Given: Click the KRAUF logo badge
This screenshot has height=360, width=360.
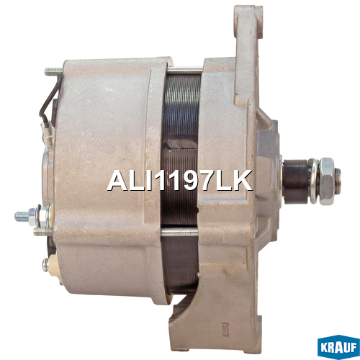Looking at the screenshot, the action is pyautogui.click(x=338, y=347).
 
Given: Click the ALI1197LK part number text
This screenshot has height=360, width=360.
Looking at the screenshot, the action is pyautogui.click(x=180, y=181).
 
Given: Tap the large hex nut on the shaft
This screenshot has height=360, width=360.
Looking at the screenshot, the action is pyautogui.click(x=327, y=181).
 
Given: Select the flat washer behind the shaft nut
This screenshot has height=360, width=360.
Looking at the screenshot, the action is pyautogui.click(x=314, y=181).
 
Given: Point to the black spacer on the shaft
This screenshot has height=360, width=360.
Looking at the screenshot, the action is pyautogui.click(x=296, y=181).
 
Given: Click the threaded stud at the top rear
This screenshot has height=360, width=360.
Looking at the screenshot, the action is pyautogui.click(x=53, y=71).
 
